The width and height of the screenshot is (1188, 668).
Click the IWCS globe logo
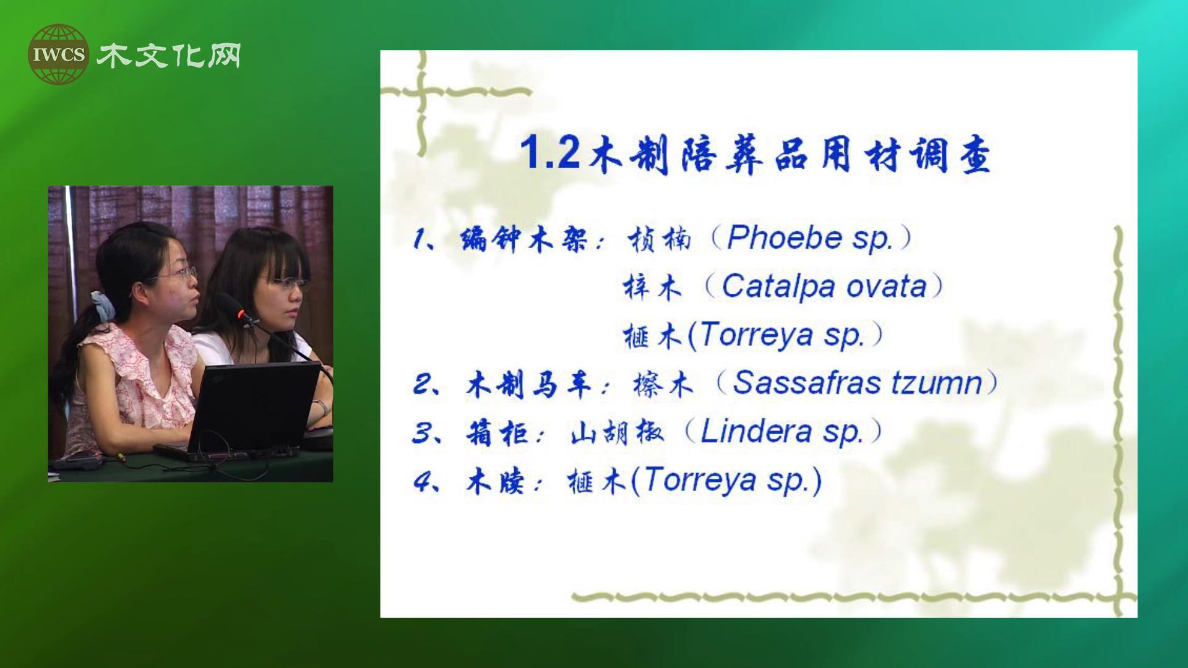[58, 54]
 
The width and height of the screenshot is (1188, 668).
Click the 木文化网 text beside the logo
[168, 55]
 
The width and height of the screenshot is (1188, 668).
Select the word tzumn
[936, 383]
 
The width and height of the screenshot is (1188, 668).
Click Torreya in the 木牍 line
[700, 480]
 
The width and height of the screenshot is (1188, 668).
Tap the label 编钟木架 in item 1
[523, 239]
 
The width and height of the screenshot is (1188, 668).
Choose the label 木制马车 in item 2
[528, 384]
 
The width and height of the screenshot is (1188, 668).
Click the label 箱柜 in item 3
[496, 432]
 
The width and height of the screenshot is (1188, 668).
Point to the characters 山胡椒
[617, 432]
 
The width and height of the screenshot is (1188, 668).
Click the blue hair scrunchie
[100, 306]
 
